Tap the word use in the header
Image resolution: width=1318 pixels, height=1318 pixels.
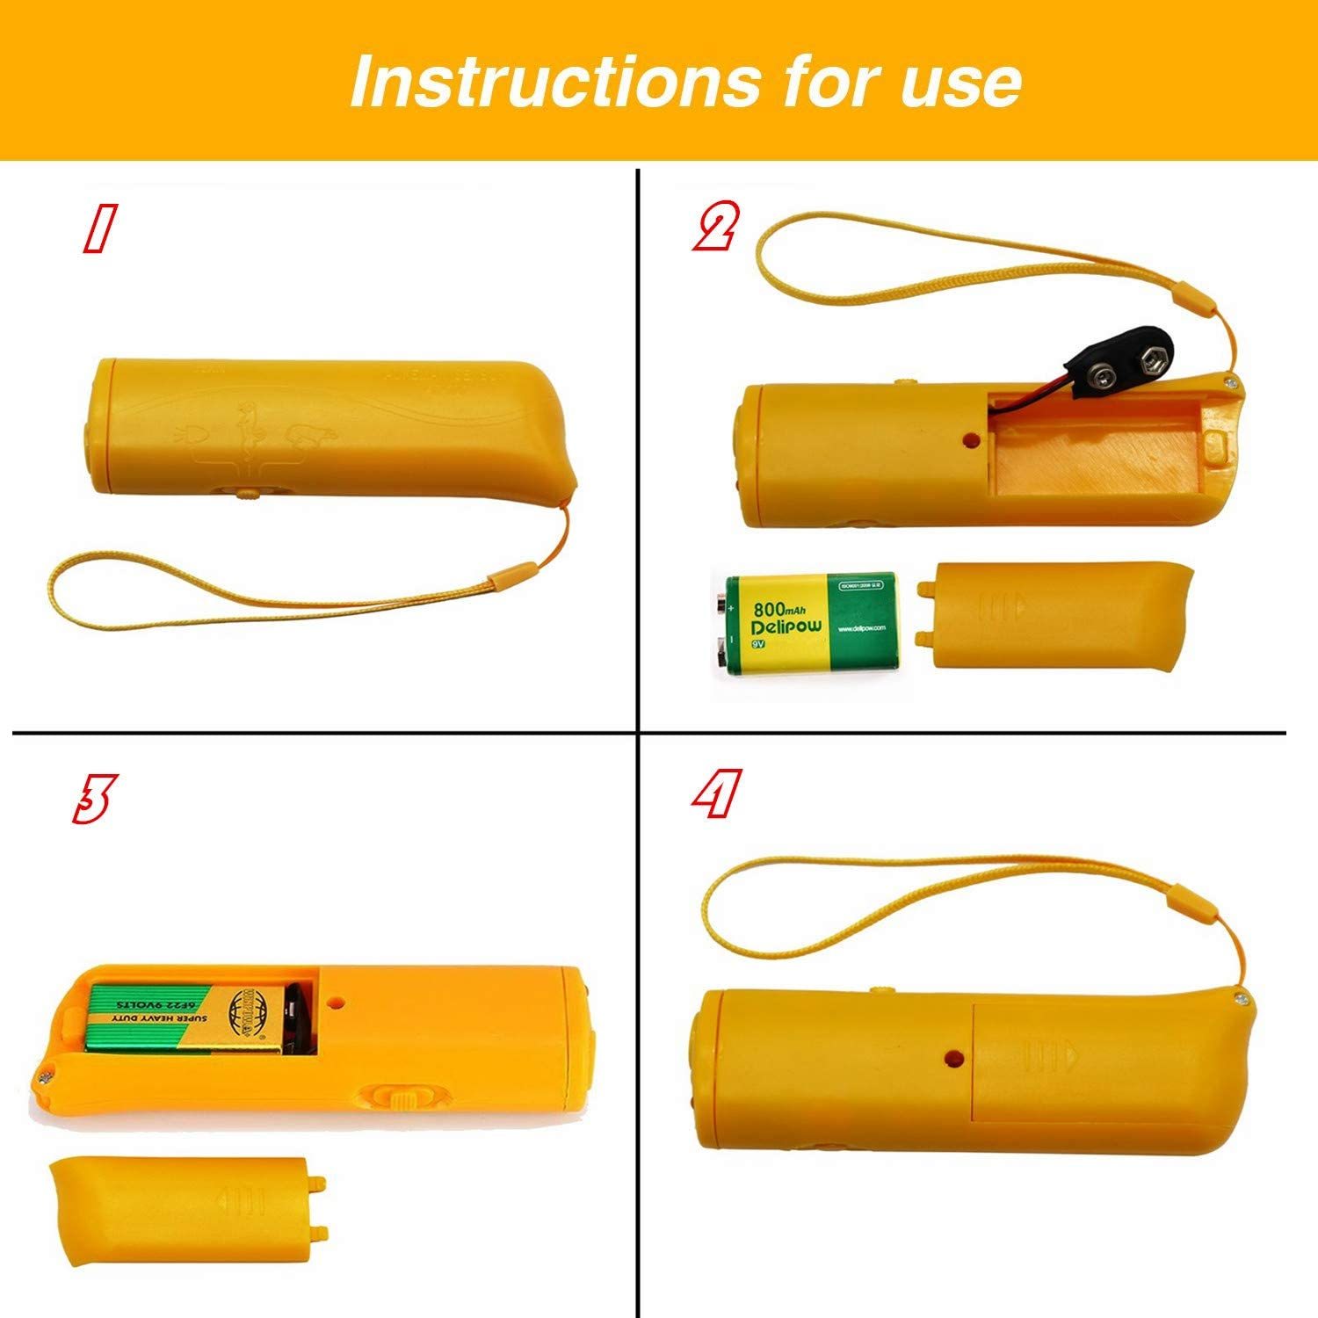[x=961, y=81]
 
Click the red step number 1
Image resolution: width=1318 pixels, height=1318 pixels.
[x=98, y=230]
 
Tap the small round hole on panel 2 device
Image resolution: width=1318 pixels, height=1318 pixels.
[x=970, y=437]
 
